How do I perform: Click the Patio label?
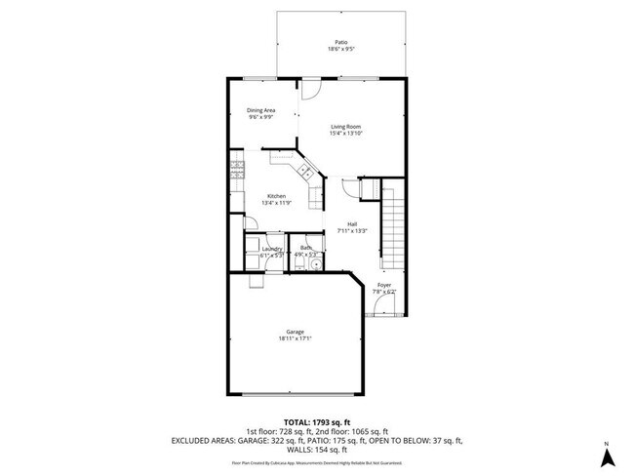point(341,42)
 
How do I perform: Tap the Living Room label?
point(347,127)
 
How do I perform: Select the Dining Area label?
point(260,110)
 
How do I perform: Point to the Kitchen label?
point(276,196)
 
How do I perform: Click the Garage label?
point(295,332)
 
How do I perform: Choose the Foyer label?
point(384,285)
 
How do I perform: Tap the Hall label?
point(352,224)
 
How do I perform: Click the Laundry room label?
point(272,249)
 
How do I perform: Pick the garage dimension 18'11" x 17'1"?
point(295,339)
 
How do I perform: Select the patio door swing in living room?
point(310,90)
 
